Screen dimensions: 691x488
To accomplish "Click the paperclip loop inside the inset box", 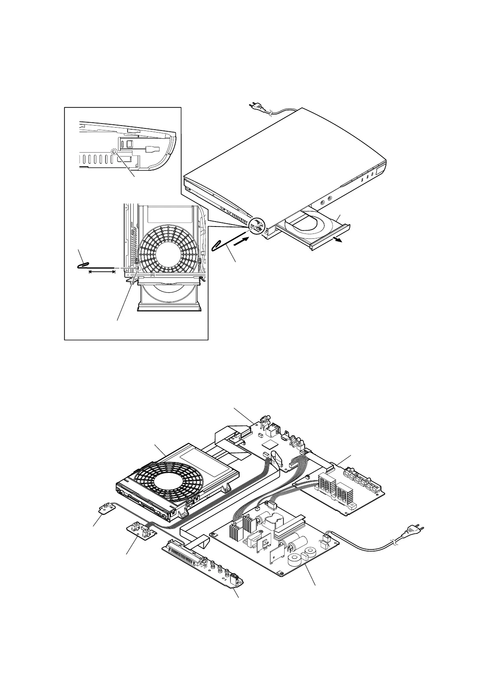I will pyautogui.click(x=83, y=265).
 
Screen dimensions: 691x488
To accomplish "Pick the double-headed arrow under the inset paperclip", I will pyautogui.click(x=102, y=271).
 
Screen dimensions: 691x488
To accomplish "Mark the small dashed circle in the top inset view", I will pyautogui.click(x=114, y=151).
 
